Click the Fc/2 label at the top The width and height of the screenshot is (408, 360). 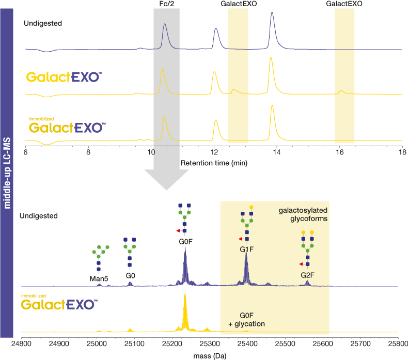point(166,4)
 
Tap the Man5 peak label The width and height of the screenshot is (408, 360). point(99,279)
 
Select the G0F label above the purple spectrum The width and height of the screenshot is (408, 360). point(185,242)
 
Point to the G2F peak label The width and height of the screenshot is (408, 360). point(308,275)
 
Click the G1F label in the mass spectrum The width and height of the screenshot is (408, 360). point(247,249)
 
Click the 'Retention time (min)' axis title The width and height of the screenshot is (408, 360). point(214,163)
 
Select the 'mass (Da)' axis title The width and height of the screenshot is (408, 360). point(210,356)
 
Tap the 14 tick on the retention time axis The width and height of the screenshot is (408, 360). point(277,152)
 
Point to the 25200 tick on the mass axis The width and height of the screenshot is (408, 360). point(172,344)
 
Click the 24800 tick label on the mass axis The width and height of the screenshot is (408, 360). point(21,344)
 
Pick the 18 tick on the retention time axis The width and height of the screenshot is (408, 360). point(402,152)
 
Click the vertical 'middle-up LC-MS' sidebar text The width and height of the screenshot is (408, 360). point(7,173)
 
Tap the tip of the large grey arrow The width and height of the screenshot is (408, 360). point(166,190)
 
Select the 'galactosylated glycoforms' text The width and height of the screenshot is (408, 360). point(303,214)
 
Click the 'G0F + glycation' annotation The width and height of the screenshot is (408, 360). point(246,320)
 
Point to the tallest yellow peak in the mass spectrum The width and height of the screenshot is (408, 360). point(185,293)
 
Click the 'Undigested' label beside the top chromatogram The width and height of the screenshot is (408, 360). point(43,23)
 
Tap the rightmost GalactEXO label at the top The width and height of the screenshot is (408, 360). point(344,4)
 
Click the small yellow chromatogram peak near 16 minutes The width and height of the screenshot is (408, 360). point(341,91)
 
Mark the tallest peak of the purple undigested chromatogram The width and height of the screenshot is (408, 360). point(272,12)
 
